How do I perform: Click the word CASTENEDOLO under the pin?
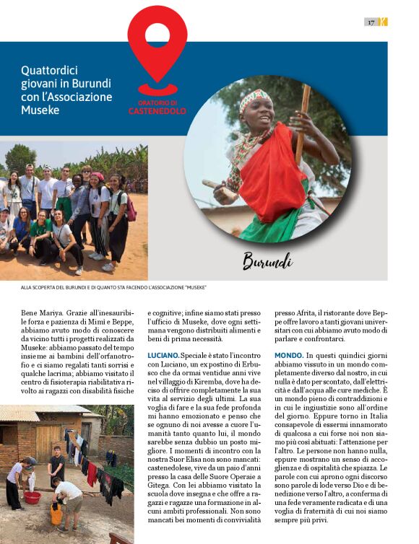tap(157, 111)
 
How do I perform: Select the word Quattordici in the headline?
tap(49, 71)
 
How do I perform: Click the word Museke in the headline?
tap(40, 110)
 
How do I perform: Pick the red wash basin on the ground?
tap(31, 497)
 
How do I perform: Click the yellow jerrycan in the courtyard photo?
tap(56, 514)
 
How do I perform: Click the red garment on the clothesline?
tap(92, 473)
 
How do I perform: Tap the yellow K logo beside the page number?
tap(383, 22)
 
